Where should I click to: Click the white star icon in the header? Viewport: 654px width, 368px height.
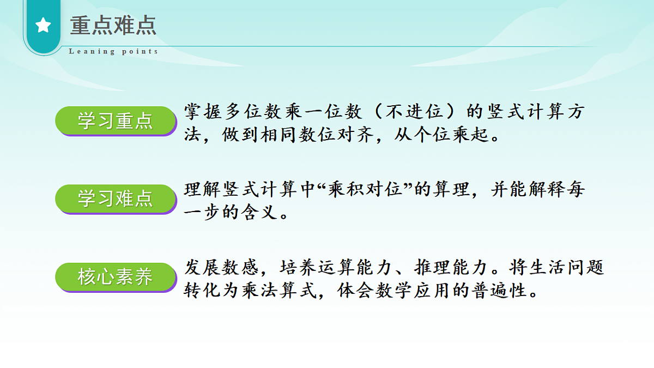coord(43,25)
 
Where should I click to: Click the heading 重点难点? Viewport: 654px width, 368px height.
coord(113,26)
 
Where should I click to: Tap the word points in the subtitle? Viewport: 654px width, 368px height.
coord(140,51)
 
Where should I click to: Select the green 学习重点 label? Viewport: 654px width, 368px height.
coord(116,120)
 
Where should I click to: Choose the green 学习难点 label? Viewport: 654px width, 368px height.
coord(116,198)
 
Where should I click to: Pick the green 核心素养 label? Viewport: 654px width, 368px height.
coord(116,277)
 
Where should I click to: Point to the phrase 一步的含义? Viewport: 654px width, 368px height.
coord(231,213)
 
